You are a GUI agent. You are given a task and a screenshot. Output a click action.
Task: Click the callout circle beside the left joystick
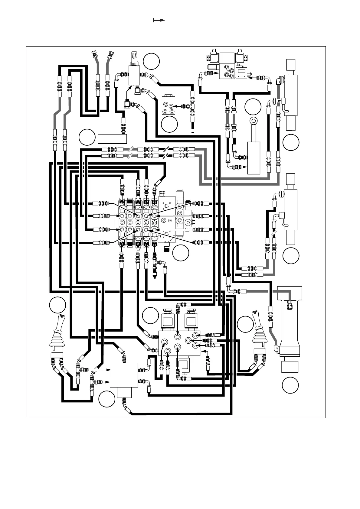point(58,305)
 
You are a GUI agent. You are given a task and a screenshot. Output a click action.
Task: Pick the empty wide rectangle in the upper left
point(112,138)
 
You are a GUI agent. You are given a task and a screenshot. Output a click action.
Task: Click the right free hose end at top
point(110,55)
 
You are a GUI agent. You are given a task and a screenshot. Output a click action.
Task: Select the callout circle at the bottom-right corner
point(290,385)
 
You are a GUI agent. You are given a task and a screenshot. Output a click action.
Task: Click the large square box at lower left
point(124,375)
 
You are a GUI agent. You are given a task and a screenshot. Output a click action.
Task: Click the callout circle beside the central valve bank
point(181,253)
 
